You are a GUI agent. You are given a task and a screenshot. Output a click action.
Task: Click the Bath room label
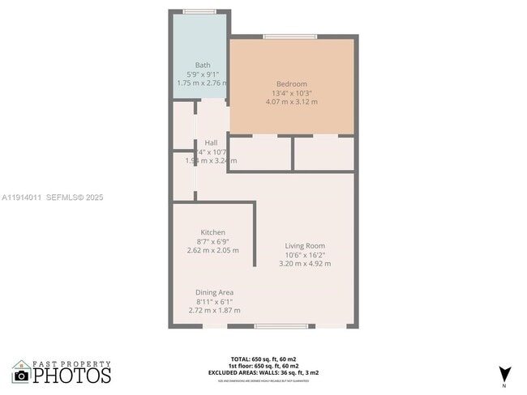point(203,65)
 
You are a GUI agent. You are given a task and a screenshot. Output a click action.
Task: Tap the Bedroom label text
point(292,84)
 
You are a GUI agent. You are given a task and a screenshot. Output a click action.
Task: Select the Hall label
point(211,142)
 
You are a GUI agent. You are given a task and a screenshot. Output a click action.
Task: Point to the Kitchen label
point(212,232)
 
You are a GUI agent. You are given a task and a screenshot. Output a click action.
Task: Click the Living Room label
point(305,245)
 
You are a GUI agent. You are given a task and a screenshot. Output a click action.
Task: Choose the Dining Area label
point(214,292)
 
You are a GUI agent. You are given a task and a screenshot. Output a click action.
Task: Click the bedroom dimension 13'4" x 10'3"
point(292,93)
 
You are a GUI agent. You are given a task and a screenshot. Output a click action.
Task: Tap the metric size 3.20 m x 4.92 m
point(305,263)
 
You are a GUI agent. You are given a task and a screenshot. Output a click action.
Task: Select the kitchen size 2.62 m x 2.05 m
point(212,250)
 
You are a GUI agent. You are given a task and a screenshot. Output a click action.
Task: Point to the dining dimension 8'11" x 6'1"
point(214,301)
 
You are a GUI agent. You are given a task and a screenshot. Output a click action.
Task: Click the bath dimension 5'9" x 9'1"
point(203,74)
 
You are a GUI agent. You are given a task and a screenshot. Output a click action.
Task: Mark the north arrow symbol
point(505,374)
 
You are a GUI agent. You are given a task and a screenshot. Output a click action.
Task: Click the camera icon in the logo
point(22,375)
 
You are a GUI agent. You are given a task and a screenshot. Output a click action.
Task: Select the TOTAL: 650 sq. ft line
point(263,357)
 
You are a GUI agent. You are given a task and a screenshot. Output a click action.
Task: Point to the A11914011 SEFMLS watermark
point(53,197)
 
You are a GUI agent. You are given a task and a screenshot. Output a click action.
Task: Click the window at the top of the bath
point(199,11)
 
